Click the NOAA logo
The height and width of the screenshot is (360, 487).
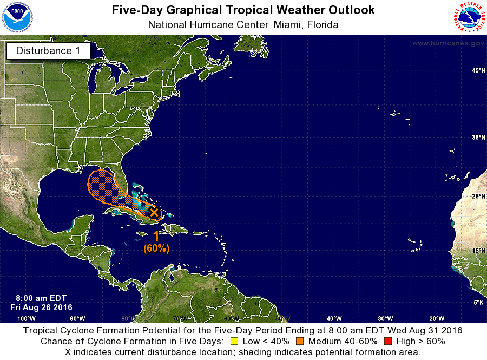(x=17, y=17)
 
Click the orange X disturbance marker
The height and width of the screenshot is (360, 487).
(x=154, y=212)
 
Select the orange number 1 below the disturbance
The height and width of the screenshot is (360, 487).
(x=156, y=236)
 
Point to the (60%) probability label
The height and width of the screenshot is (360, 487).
(x=156, y=248)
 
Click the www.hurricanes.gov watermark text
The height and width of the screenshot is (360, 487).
(x=447, y=43)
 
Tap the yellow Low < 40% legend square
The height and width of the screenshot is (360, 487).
(x=234, y=341)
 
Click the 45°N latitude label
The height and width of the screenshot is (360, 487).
(x=478, y=71)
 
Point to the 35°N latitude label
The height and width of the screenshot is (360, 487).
(x=478, y=138)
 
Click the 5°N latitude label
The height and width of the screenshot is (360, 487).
(x=478, y=303)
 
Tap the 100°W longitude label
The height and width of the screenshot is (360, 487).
(x=27, y=318)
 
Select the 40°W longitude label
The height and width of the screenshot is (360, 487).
(x=334, y=318)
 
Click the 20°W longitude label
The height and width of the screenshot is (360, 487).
(x=437, y=318)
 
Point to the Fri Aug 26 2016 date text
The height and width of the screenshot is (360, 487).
(x=41, y=307)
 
